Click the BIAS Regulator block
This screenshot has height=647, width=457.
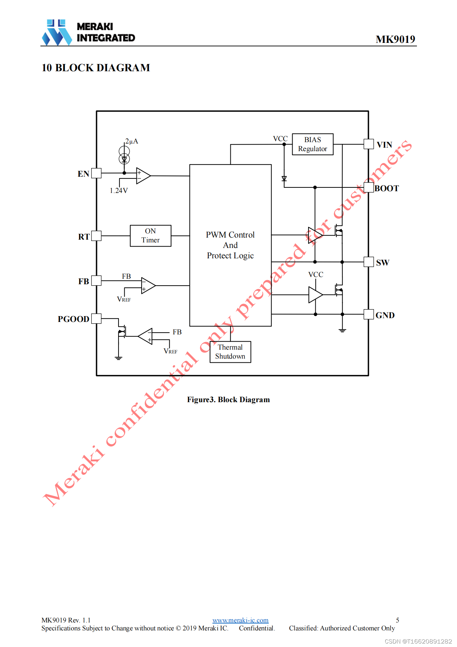(x=312, y=144)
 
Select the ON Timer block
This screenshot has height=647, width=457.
(x=150, y=235)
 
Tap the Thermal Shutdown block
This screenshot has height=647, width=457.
(x=230, y=352)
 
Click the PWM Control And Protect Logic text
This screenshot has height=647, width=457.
(x=230, y=245)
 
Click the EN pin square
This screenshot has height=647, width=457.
(x=96, y=173)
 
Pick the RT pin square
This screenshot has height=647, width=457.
(x=96, y=236)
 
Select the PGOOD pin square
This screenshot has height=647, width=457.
(x=96, y=318)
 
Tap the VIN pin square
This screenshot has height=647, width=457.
(x=369, y=144)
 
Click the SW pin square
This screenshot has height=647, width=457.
(x=369, y=262)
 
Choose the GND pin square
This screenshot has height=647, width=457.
(x=369, y=314)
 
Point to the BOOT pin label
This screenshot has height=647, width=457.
(x=387, y=188)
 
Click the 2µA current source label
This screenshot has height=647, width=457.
(x=132, y=141)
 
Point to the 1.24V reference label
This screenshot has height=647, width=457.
(x=119, y=191)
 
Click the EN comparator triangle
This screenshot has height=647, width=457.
(x=143, y=176)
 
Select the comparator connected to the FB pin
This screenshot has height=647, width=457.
(x=148, y=286)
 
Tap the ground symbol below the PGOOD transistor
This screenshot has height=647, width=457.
(x=118, y=358)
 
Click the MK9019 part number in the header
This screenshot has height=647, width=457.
(x=395, y=39)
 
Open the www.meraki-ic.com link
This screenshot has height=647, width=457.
(x=240, y=620)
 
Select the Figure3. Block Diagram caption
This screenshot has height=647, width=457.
(x=228, y=400)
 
